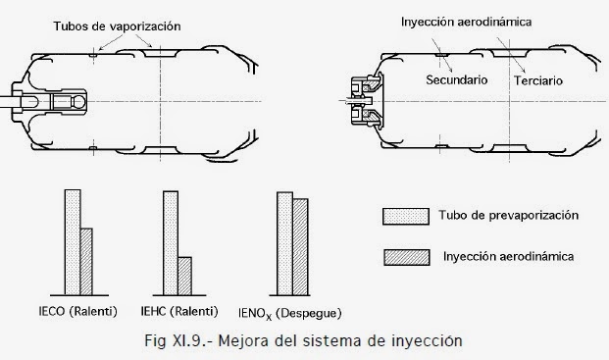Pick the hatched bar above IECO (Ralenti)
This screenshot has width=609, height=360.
(x=85, y=261)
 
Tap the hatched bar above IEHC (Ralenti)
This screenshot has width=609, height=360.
(x=183, y=276)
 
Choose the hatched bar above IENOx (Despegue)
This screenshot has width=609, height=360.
(x=299, y=246)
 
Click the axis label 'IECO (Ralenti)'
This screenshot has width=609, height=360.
(x=71, y=311)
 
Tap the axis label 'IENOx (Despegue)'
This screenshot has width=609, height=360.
(x=289, y=313)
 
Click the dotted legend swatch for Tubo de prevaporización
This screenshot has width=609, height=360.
(x=404, y=216)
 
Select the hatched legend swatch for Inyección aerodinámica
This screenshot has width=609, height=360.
(x=404, y=257)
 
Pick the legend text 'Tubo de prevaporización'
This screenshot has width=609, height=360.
(x=509, y=215)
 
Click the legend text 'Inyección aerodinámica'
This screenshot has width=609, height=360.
(x=509, y=256)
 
